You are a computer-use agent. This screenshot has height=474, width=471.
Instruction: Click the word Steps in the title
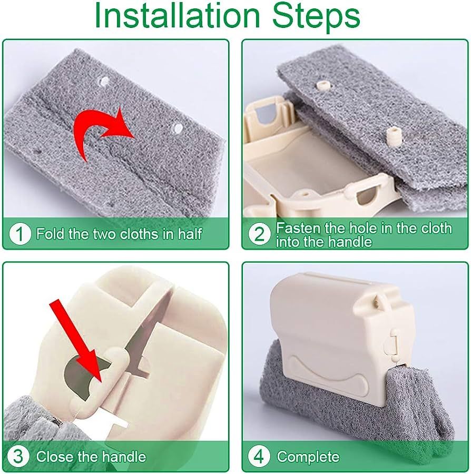(316, 17)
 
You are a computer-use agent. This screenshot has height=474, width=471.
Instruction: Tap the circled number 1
(20, 234)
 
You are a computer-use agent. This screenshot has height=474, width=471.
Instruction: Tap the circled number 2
(259, 234)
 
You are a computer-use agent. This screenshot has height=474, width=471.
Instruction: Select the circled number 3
(18, 456)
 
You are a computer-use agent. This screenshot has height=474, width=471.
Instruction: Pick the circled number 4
(259, 456)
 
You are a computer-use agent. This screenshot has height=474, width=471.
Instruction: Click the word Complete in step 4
(308, 457)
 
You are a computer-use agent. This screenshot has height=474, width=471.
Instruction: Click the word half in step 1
(190, 234)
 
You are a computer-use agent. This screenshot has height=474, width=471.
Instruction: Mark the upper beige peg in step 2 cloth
(322, 85)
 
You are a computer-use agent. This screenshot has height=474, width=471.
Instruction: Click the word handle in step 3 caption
(124, 456)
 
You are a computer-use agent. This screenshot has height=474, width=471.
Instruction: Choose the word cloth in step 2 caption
(436, 228)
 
